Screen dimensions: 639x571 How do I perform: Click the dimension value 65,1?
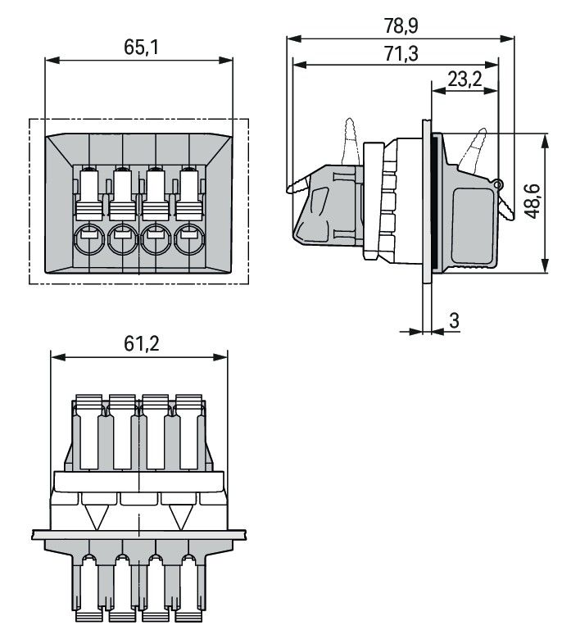[x=140, y=47]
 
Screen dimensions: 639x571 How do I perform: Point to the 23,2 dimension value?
[x=465, y=79]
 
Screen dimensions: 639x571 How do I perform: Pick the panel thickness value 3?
[x=454, y=320]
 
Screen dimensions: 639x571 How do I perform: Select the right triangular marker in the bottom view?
[x=182, y=516]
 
